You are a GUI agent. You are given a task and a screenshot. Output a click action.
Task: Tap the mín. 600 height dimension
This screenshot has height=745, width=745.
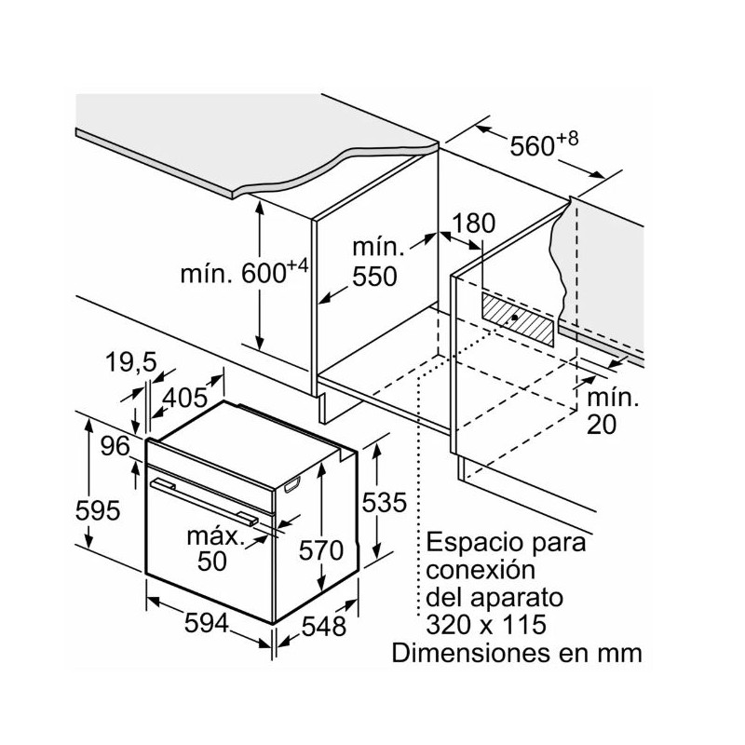(x=244, y=273)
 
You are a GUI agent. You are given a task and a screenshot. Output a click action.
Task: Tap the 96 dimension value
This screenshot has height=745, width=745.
(x=115, y=446)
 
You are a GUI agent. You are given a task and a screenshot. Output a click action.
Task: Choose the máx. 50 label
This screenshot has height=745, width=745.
(x=212, y=549)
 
